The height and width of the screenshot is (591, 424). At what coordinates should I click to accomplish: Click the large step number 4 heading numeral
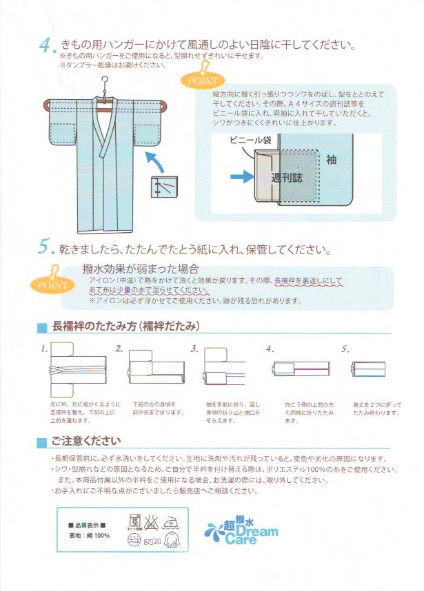tap(46, 46)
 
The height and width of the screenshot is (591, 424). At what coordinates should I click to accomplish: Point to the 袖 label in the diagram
tap(331, 160)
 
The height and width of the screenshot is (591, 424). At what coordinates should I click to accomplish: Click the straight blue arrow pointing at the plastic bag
tap(242, 177)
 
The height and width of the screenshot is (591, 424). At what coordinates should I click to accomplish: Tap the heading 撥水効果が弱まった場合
tap(141, 269)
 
